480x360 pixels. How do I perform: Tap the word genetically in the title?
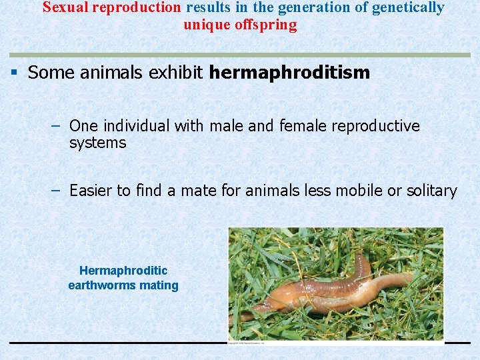pos(409,8)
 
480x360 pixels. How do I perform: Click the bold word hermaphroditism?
pos(289,73)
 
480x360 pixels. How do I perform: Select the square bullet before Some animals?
pos(14,72)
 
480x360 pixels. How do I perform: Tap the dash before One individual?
pos(57,125)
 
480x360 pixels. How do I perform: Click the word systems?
pos(97,143)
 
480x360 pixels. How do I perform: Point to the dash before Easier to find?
pos(57,191)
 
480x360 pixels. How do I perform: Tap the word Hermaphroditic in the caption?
pos(123,271)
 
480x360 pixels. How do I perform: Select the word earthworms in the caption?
pos(101,285)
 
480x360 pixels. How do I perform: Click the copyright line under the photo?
pos(247,343)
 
